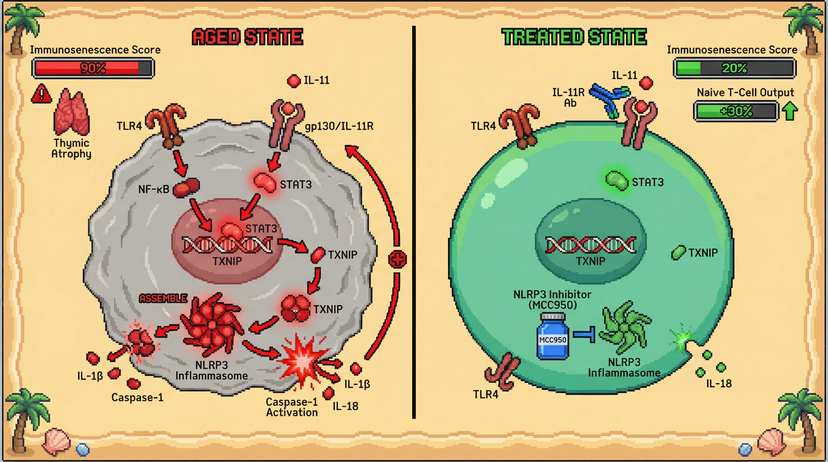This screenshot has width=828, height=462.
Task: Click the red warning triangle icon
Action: click(x=42, y=94)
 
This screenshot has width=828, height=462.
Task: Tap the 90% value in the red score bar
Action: click(x=93, y=68)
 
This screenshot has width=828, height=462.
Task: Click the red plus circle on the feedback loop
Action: click(x=397, y=259)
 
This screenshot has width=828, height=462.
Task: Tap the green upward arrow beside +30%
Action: click(x=789, y=111)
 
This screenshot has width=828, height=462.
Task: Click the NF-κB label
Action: click(x=154, y=189)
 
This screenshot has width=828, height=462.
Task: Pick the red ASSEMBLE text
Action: click(x=163, y=298)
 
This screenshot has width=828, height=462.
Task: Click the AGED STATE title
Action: click(x=248, y=37)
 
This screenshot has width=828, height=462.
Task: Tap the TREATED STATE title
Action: click(x=574, y=37)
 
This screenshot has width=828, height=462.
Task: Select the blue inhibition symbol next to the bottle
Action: click(x=585, y=334)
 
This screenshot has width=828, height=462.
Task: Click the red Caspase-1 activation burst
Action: click(x=302, y=360)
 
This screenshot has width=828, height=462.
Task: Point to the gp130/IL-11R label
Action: click(x=339, y=126)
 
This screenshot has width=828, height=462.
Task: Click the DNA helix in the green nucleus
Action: click(x=591, y=245)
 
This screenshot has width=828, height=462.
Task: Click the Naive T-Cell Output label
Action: click(x=745, y=93)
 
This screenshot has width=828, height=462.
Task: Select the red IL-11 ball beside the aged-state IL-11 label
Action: click(x=293, y=81)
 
